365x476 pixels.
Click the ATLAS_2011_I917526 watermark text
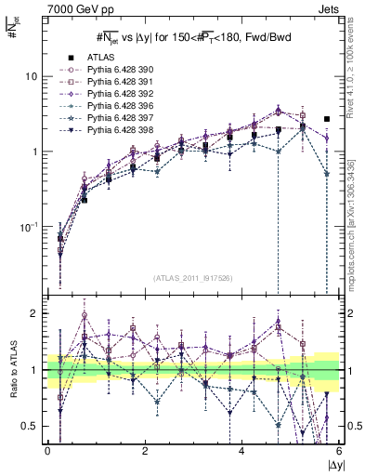click(x=192, y=278)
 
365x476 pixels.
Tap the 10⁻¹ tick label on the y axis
click(x=31, y=226)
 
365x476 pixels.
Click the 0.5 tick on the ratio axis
click(x=31, y=426)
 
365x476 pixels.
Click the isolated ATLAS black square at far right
click(x=326, y=119)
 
